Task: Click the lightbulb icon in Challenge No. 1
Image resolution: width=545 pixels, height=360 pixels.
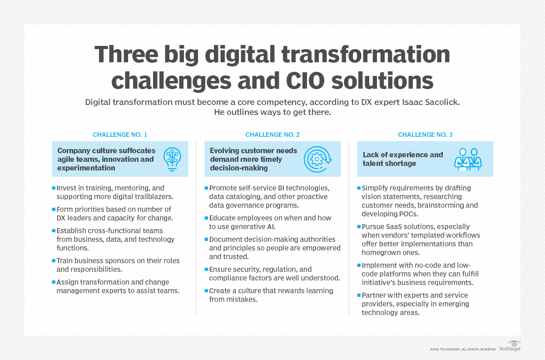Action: coord(172,159)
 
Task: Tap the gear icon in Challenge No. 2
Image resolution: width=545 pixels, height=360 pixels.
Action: coord(317,159)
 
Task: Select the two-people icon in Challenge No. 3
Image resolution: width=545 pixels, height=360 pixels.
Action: coord(468,159)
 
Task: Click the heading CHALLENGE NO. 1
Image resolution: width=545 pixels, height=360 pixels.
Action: coord(120,135)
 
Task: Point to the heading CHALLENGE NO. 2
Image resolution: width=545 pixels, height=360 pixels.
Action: coord(272,135)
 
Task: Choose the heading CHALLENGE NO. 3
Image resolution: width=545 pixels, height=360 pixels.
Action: coord(425,135)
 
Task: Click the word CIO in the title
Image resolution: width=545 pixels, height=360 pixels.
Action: coord(305,80)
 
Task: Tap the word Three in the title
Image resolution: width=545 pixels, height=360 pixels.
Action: coord(126,54)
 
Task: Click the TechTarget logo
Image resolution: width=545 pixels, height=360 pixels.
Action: coord(510,346)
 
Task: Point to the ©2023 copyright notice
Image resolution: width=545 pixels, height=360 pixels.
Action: coord(463,349)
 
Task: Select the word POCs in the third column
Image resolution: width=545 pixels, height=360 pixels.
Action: coord(407,214)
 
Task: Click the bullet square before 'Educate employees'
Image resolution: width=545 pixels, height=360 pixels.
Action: coord(206,218)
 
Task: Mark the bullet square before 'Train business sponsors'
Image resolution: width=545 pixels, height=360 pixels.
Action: coord(54,260)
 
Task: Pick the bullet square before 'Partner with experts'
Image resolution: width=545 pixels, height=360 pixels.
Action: coord(359,295)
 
